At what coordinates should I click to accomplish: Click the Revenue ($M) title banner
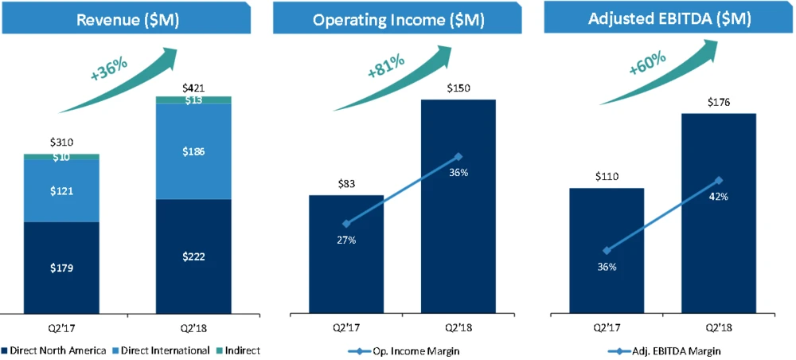tap(127, 19)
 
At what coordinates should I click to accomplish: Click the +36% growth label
tap(110, 70)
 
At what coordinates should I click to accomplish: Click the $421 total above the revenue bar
tap(193, 88)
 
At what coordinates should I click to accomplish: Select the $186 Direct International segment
tap(193, 151)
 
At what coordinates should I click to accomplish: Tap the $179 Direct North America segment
tap(61, 268)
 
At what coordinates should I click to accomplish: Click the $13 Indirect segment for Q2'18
tap(193, 100)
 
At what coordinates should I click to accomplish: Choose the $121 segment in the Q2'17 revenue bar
tap(61, 191)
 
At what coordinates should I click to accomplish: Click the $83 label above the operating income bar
tap(346, 184)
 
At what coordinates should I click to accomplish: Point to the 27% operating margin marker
tap(346, 224)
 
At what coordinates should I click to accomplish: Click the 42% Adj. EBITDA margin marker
tap(719, 180)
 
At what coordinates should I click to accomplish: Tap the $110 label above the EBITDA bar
tap(607, 177)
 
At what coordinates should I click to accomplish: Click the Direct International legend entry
tap(164, 350)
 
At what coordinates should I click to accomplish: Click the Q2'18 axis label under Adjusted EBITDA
tap(719, 327)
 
